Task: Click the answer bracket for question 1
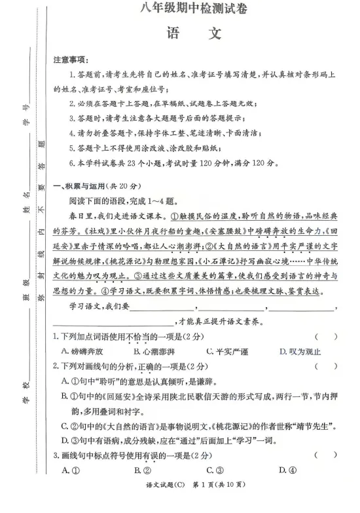[x=325, y=336]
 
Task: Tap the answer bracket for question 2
[x=325, y=366]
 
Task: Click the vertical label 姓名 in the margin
[x=26, y=195]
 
